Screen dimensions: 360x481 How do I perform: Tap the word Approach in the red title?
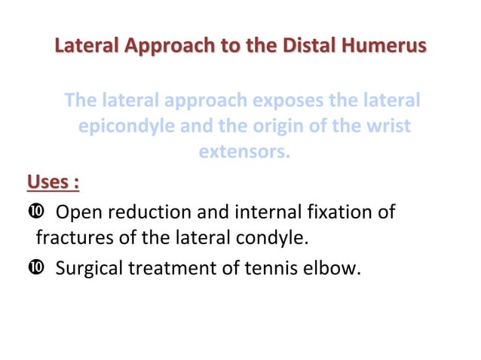(x=167, y=47)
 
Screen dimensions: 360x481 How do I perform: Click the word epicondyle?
(x=125, y=126)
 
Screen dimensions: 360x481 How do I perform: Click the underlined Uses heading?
(x=54, y=182)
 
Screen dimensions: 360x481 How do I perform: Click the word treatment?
(x=174, y=267)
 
